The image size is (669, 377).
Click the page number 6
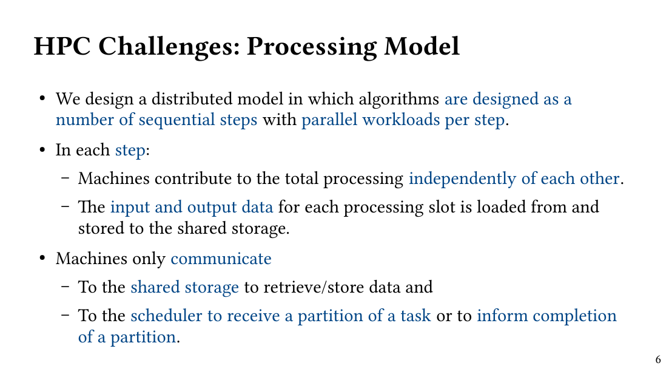658,360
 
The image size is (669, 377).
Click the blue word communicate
221,259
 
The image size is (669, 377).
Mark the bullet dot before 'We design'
43,99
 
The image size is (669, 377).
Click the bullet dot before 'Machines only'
43,259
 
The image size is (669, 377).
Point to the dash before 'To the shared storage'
66,288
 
